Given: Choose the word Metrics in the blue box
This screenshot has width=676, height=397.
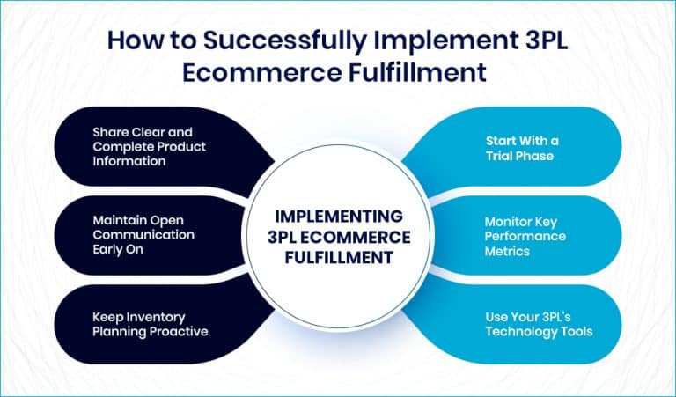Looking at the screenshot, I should coord(509,251).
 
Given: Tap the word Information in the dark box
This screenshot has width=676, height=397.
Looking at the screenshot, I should coord(132,162).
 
